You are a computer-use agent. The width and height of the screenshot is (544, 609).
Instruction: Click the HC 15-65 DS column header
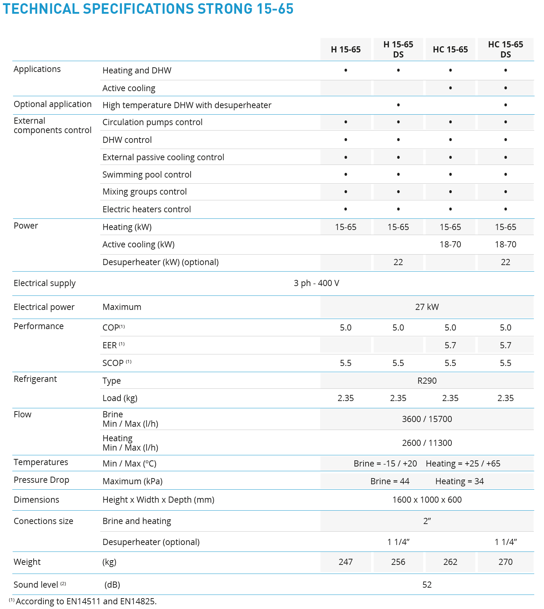click(x=505, y=50)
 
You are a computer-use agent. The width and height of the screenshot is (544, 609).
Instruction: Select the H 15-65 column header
click(x=345, y=50)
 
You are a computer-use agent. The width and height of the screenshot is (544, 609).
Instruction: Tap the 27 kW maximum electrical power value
click(x=427, y=307)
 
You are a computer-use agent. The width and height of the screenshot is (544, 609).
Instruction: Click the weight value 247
click(x=345, y=562)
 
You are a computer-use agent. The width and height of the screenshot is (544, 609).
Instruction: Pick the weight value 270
click(x=505, y=562)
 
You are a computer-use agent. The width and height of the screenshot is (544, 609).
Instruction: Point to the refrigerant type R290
click(x=427, y=381)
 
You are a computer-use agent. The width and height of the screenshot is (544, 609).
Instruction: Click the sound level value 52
click(x=427, y=585)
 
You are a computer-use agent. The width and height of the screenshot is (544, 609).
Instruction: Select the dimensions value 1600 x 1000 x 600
click(x=427, y=500)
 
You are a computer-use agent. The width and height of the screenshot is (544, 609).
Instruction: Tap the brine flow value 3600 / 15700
click(x=427, y=419)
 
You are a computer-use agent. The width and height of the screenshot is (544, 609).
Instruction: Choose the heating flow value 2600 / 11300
click(x=427, y=443)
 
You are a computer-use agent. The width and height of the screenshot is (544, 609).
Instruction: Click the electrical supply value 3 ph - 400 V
click(x=316, y=283)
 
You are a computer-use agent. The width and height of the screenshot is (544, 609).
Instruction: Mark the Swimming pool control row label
click(x=147, y=175)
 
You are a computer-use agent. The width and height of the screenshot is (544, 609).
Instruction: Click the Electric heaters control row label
click(x=146, y=209)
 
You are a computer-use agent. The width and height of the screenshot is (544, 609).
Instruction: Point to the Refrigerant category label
click(x=35, y=379)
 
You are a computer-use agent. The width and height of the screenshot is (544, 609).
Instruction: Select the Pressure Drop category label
click(x=41, y=480)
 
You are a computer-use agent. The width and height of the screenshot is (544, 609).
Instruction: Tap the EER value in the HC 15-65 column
click(x=450, y=345)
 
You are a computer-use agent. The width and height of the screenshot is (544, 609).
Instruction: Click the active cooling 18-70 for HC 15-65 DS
click(x=505, y=244)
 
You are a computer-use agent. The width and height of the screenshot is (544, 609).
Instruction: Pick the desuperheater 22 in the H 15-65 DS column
click(x=398, y=262)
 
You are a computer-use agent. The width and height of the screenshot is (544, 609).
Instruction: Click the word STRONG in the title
click(x=218, y=9)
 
